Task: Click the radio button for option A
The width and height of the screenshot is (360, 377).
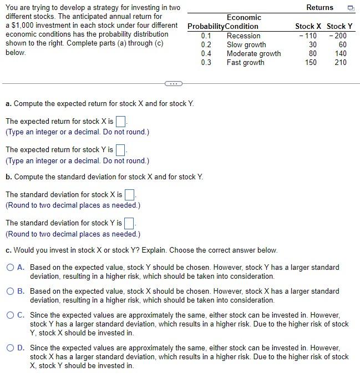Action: point(11,268)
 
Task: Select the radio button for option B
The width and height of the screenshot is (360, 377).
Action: point(11,291)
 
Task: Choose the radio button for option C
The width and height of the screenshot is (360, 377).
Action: point(11,315)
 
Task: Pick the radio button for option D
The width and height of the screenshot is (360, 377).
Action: point(11,348)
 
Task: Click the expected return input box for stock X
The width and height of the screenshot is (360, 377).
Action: point(121,121)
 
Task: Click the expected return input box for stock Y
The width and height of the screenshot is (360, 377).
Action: point(121,150)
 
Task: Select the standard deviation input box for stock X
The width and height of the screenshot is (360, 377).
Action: point(130,195)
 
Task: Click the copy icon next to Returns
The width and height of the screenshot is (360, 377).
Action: point(350,8)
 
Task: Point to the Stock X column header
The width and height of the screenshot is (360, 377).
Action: point(308,26)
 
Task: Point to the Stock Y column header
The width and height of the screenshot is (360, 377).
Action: point(339,26)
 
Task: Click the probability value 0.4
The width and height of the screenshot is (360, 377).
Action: point(206,54)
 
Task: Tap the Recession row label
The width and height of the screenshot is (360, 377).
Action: point(243,36)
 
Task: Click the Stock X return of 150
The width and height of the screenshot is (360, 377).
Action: point(311,63)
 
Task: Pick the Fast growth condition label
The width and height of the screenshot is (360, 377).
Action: point(245,63)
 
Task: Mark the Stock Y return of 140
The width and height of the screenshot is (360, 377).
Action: point(340,54)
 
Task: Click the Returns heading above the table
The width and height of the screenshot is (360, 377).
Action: point(320,8)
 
